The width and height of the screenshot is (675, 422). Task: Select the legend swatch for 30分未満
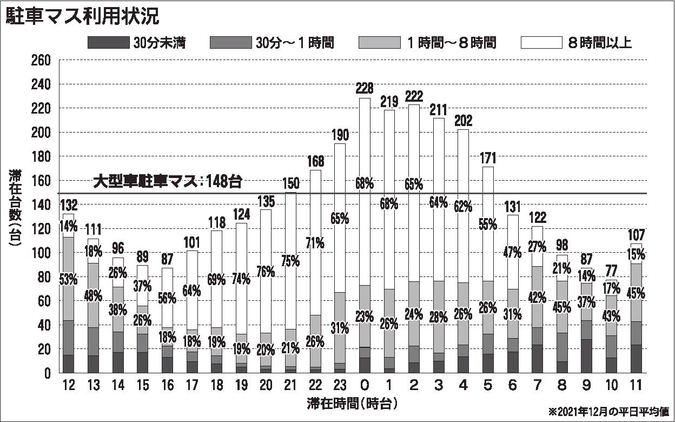click(108, 43)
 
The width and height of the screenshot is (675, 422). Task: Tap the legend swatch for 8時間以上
click(540, 43)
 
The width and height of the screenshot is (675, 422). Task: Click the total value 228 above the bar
click(364, 88)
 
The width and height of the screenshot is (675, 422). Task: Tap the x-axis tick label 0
click(364, 386)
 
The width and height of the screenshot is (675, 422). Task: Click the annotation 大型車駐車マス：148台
click(167, 181)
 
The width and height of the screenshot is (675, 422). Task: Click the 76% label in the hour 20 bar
click(266, 272)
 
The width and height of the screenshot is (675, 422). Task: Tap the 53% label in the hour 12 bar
click(69, 280)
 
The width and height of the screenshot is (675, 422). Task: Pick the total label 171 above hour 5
click(488, 159)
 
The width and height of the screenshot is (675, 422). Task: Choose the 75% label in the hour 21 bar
click(290, 260)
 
